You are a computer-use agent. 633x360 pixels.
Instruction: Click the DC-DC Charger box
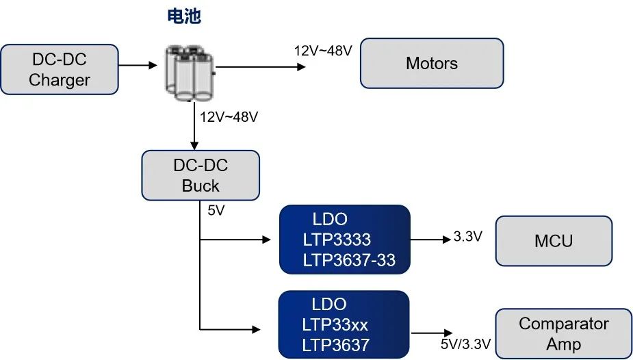(60, 70)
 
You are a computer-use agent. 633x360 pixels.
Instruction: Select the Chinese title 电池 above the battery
(184, 17)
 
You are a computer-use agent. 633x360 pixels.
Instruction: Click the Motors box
(432, 64)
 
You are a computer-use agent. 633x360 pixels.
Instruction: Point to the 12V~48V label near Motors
(323, 51)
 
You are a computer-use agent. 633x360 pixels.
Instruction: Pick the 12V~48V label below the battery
(229, 117)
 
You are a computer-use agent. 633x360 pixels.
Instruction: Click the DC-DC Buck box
(201, 176)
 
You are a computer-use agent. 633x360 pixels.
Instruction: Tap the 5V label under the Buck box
(216, 211)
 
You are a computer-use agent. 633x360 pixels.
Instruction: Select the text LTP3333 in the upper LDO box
(337, 240)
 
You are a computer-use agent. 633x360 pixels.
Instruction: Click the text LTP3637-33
(348, 260)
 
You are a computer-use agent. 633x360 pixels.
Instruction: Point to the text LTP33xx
(335, 324)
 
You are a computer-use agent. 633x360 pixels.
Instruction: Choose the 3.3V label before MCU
(468, 237)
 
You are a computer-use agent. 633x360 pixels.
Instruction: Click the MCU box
(554, 241)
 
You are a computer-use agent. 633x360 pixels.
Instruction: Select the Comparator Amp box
(563, 333)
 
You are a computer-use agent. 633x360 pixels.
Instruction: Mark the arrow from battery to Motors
(260, 67)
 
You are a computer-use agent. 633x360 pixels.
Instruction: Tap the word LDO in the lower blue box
(329, 304)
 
